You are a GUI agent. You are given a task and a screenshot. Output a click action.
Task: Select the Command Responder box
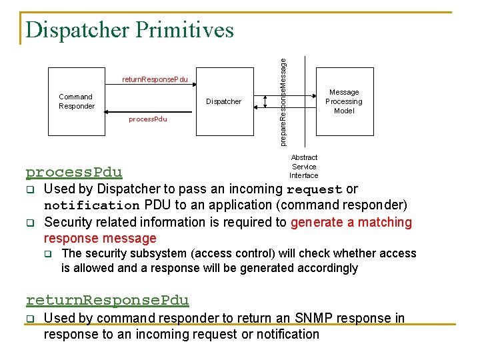coord(77,101)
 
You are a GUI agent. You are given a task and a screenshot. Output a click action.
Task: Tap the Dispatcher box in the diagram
coord(223,101)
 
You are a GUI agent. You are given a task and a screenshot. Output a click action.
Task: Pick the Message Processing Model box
coord(343,101)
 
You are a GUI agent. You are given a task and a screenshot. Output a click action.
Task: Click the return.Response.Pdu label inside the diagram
coord(155,80)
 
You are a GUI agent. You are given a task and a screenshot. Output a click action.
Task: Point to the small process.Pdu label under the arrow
coord(147,119)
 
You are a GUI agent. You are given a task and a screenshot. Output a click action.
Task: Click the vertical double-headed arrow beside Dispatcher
coord(265,101)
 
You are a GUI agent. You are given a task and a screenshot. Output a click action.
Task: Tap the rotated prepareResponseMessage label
coord(283,101)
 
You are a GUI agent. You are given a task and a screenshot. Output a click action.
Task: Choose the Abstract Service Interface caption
coord(304,167)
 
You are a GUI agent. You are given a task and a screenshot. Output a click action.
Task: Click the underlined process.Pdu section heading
coord(74,173)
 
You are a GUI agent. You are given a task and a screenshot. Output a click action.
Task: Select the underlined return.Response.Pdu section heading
coord(107,301)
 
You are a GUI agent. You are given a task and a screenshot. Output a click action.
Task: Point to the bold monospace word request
coord(314,190)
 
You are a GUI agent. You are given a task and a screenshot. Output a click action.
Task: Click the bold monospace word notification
coord(91,206)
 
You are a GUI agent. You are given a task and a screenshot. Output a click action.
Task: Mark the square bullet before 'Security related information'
coord(31,223)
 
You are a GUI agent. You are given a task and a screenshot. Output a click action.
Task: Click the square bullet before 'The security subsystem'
coord(48,254)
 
